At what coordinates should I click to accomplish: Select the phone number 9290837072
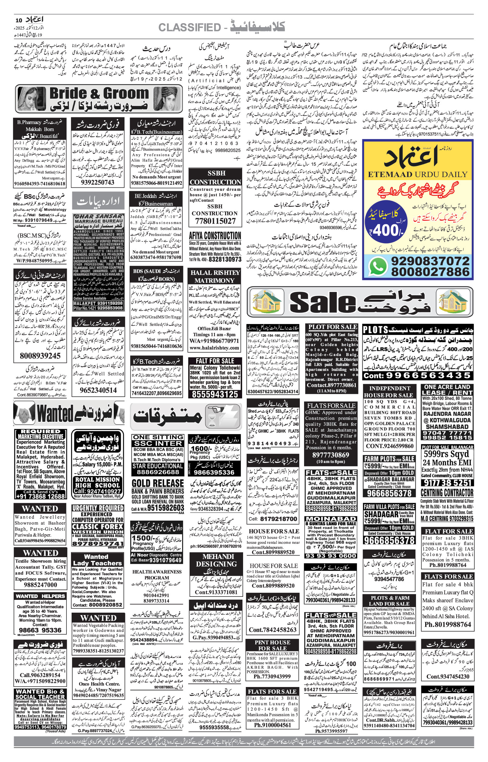click(x=430, y=261)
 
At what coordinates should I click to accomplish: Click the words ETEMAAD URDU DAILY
click(x=418, y=174)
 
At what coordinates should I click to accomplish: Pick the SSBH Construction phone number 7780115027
click(x=215, y=221)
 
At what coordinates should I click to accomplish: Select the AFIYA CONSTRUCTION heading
click(x=215, y=236)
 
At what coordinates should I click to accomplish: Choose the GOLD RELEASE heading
click(x=158, y=483)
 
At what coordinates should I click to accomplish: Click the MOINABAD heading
click(x=331, y=518)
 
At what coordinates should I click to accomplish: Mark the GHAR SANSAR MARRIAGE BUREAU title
click(x=99, y=219)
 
